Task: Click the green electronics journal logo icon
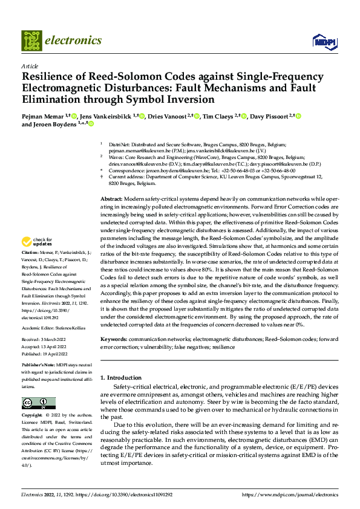pos(32,41)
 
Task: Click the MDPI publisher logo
pos(324,41)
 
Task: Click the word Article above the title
pos(30,66)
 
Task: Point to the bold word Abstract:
pos(111,182)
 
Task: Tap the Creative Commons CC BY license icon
pos(39,403)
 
